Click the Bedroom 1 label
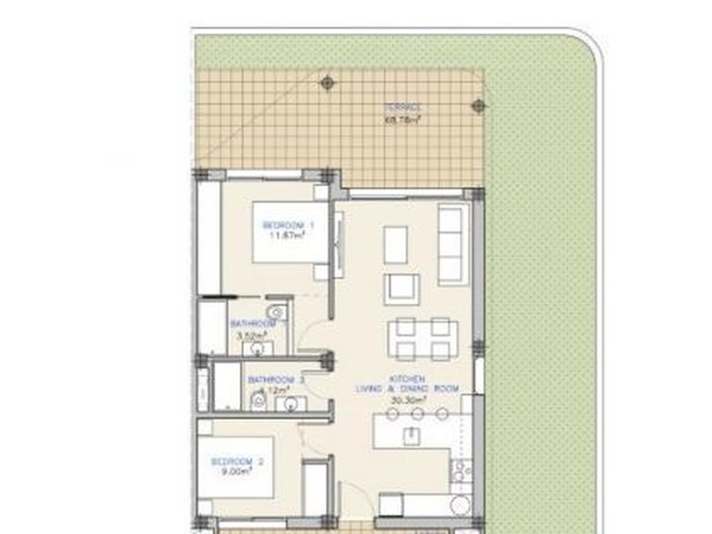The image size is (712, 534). click(289, 225)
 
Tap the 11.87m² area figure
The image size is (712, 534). click(288, 235)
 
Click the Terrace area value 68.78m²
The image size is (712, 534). click(404, 118)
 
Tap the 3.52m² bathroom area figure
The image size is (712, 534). click(252, 336)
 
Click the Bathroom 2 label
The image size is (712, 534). click(275, 380)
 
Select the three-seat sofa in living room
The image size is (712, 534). click(452, 245)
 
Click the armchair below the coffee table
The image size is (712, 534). click(402, 288)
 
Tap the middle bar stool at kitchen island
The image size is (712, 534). click(417, 413)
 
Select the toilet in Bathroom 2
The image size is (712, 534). click(260, 400)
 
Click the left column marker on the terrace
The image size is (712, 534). click(326, 83)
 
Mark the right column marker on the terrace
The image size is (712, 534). click(479, 106)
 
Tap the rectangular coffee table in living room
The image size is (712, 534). click(395, 243)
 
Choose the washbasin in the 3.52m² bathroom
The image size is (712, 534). click(262, 349)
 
